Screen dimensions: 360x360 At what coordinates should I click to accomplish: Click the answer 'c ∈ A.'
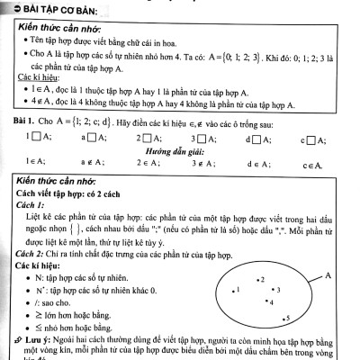coord(311,165)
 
